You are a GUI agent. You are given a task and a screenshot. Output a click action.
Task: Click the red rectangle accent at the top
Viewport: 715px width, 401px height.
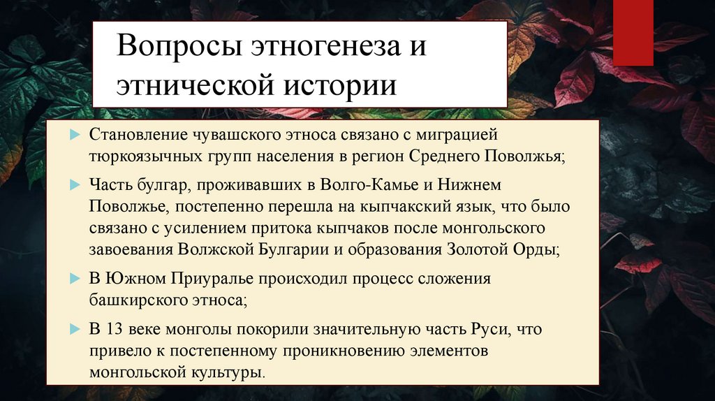(633, 33)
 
